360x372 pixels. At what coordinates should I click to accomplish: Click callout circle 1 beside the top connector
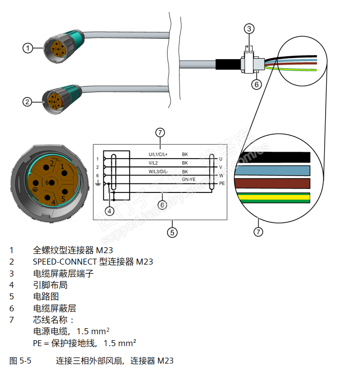coord(28,48)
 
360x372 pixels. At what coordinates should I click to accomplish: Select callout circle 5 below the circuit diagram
coord(172,232)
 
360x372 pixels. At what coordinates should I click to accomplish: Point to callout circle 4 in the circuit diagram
coord(110,211)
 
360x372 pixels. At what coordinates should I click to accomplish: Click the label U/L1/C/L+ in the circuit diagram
coord(158,155)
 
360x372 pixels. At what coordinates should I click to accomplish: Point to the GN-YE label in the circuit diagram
coord(188,179)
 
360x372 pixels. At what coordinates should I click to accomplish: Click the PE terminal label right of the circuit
coord(221,184)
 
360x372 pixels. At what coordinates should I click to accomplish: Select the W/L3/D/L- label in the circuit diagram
coord(158,172)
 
